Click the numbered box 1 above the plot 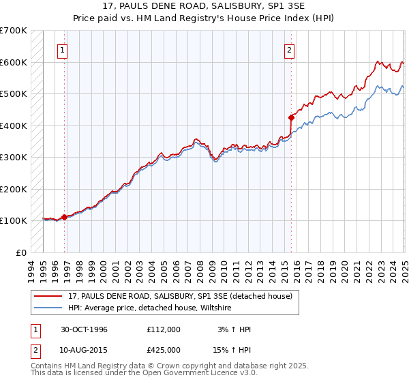click(63, 49)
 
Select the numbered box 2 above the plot click(290, 49)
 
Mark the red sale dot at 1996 click(65, 217)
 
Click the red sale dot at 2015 click(291, 117)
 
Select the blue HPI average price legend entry click(149, 308)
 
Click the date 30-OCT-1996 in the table click(84, 329)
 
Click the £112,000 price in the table click(164, 329)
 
